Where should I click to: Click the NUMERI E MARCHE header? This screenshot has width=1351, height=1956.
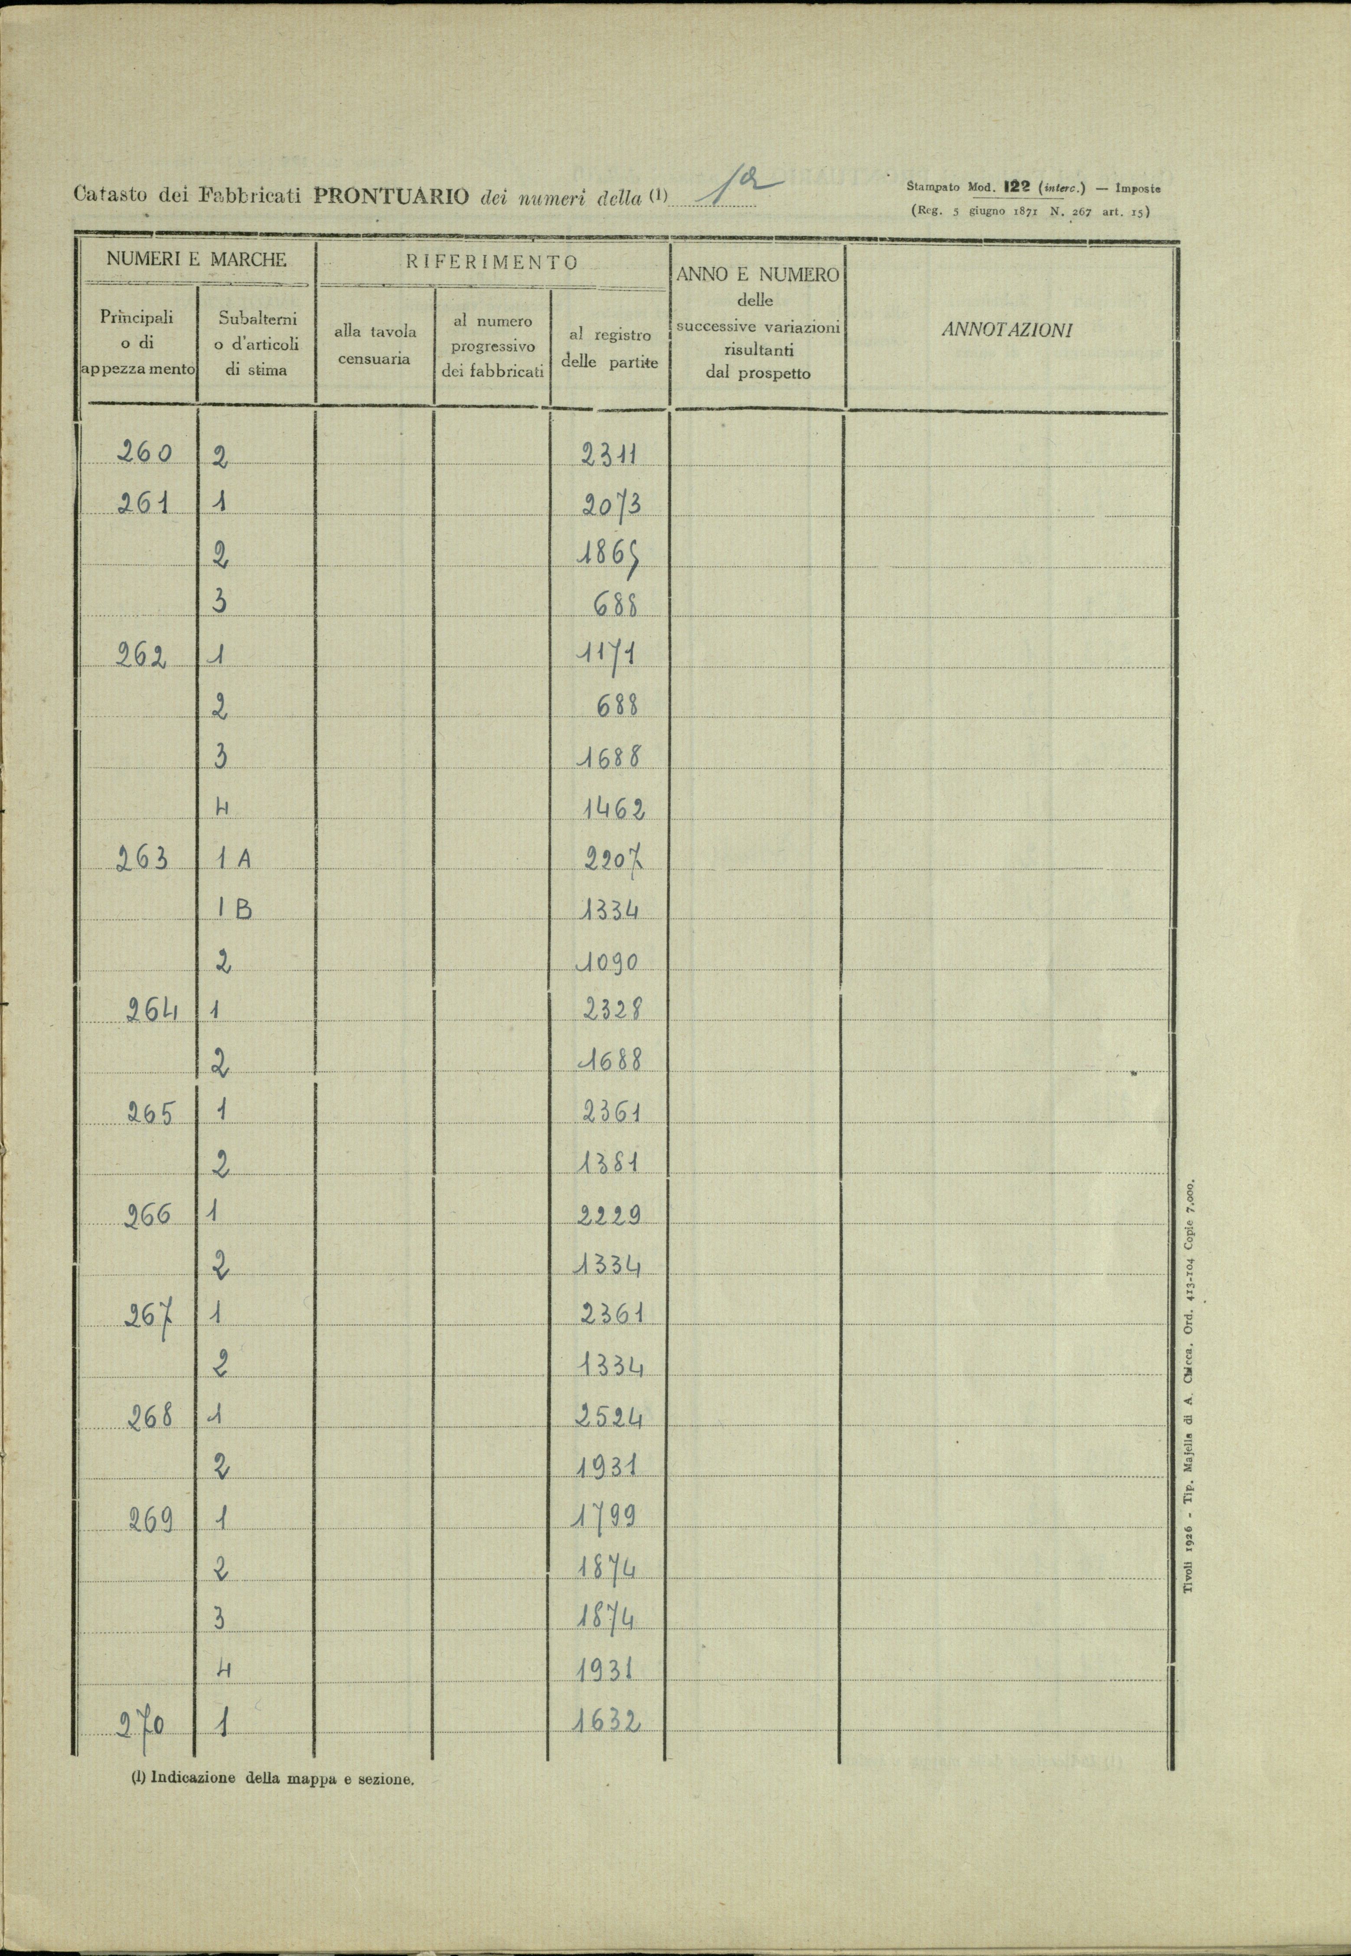point(196,260)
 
